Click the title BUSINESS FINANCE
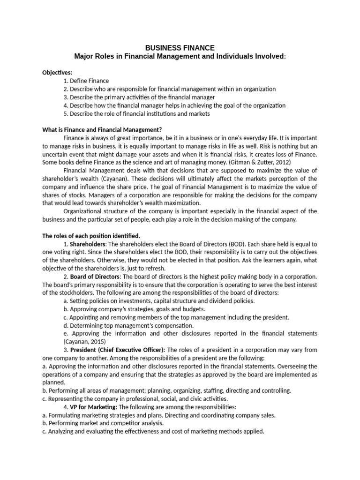[180, 48]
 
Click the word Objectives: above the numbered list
[55, 73]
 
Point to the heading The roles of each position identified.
[91, 235]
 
